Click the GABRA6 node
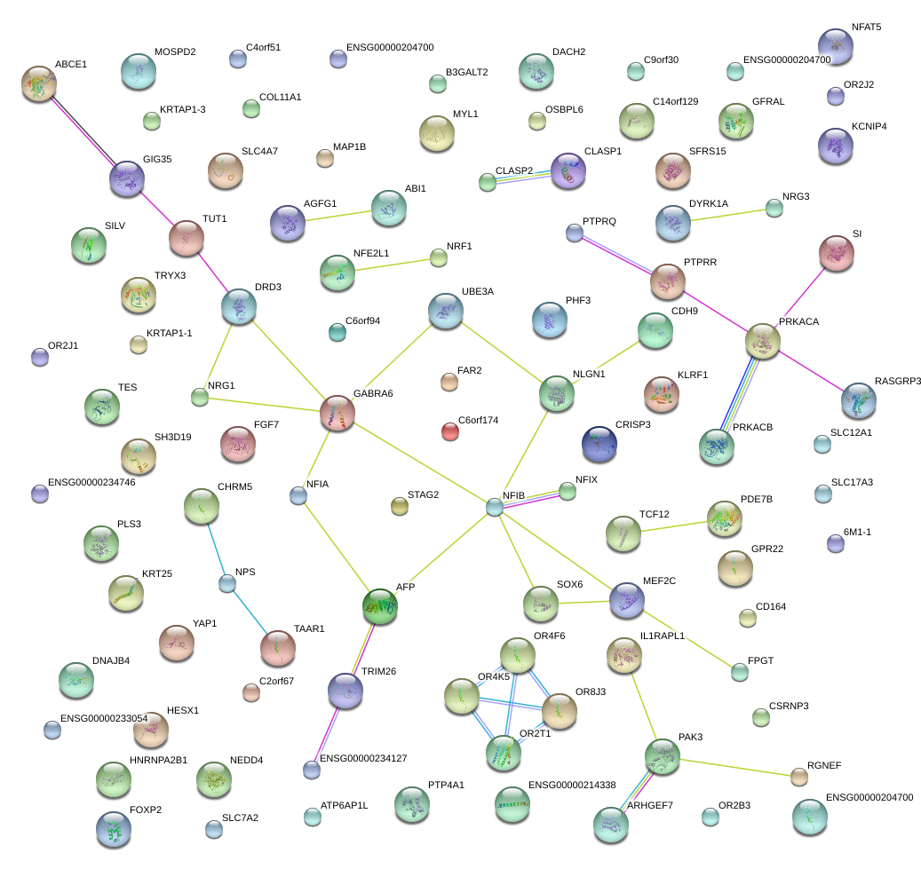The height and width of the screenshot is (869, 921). [x=337, y=412]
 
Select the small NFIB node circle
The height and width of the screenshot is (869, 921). [x=495, y=507]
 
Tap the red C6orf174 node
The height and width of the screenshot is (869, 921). [x=450, y=432]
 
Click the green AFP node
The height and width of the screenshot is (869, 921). [x=380, y=605]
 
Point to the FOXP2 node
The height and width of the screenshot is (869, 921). [x=113, y=829]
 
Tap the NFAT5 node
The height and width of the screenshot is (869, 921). [x=835, y=45]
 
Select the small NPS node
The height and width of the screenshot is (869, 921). [x=227, y=583]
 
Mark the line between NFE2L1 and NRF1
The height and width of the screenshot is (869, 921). [x=387, y=265]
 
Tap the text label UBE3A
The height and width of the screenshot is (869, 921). [x=477, y=291]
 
